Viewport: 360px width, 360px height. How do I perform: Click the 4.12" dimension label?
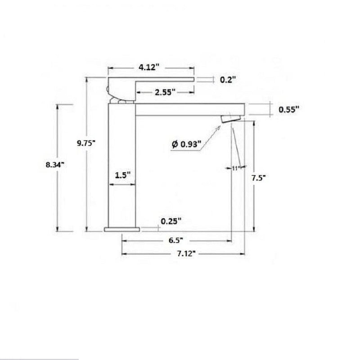149,67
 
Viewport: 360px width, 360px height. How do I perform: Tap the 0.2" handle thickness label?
228,80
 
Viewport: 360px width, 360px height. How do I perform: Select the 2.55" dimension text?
165,92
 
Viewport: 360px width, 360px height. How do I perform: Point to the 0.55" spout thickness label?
289,109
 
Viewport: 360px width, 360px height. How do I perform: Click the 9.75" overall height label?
86,143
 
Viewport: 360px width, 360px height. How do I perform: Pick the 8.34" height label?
55,165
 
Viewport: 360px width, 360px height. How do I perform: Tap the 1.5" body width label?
122,175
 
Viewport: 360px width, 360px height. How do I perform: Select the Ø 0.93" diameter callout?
186,144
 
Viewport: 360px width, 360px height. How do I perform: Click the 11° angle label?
236,168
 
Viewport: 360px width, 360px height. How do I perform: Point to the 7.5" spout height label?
258,178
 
